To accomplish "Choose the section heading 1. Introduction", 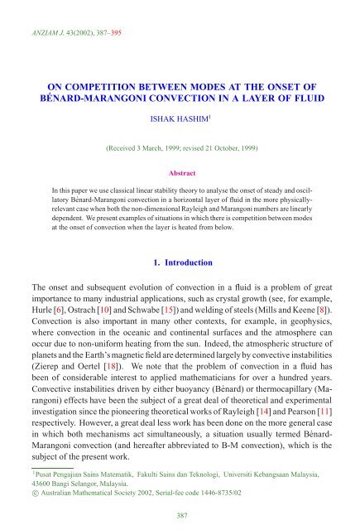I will click(180, 262).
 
